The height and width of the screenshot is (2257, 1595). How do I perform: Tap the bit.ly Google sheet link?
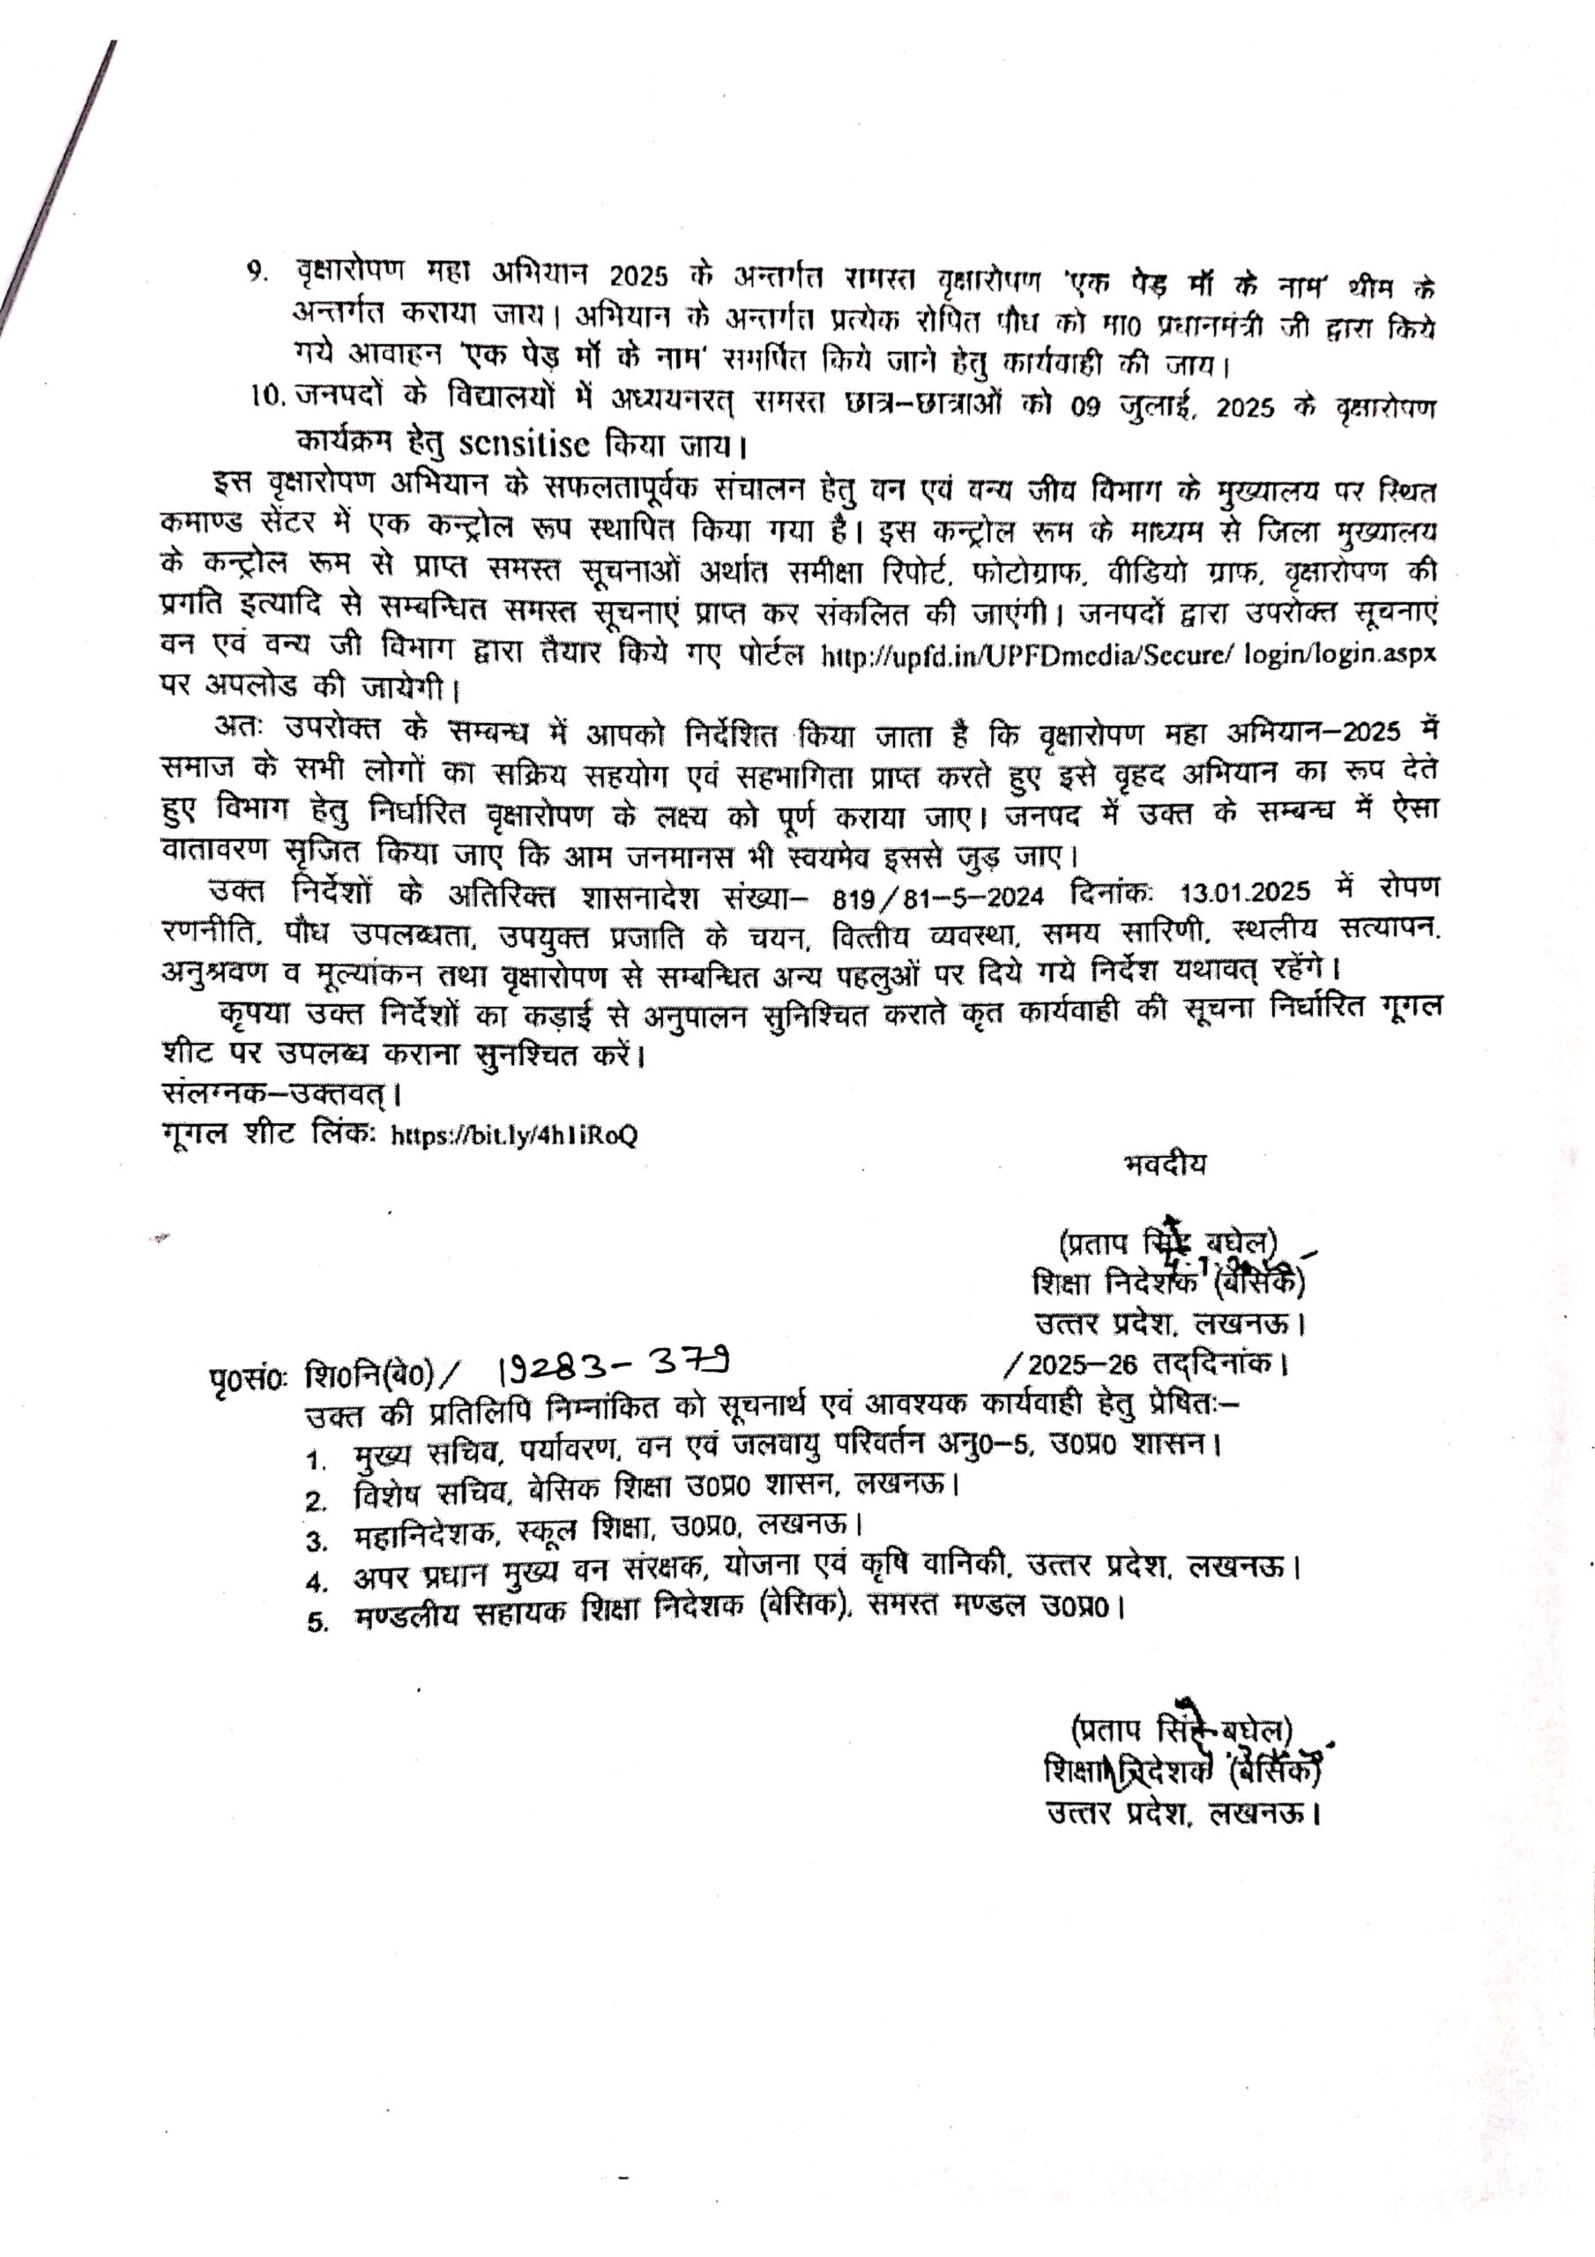tap(515, 1136)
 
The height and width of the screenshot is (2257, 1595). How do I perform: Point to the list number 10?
tap(266, 395)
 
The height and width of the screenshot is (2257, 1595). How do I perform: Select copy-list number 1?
tap(316, 1462)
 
